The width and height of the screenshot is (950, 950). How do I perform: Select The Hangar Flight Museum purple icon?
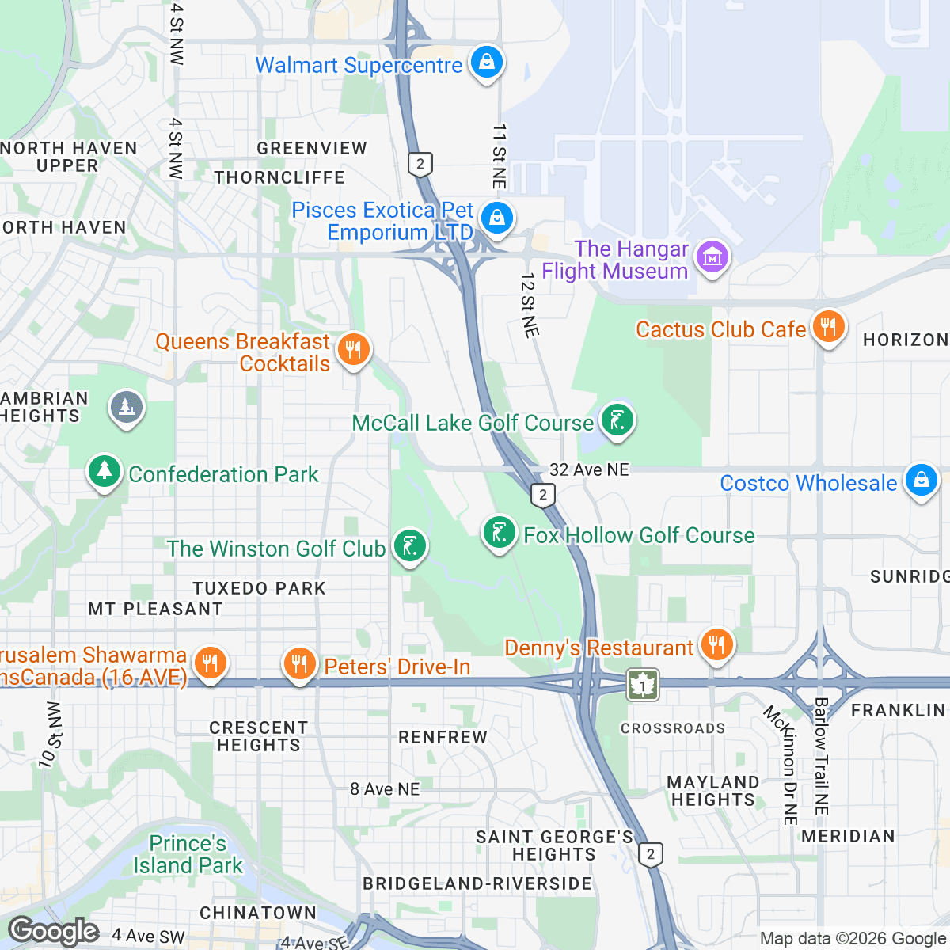(x=712, y=257)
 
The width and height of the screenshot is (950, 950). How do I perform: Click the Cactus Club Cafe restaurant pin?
(x=828, y=326)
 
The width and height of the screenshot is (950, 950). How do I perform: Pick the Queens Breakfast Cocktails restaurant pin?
(x=353, y=349)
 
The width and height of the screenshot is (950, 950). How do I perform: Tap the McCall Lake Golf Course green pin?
(x=617, y=420)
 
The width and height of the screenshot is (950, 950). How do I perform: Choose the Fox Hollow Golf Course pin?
(x=500, y=533)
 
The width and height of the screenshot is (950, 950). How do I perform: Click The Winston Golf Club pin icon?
(x=409, y=546)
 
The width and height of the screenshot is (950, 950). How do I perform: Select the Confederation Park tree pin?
(x=104, y=472)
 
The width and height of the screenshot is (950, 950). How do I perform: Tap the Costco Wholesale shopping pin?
(x=921, y=481)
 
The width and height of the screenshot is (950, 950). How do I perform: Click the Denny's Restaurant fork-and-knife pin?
(x=716, y=644)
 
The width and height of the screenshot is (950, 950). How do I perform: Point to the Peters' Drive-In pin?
(x=299, y=665)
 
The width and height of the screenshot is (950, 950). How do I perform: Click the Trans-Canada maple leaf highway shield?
(x=642, y=684)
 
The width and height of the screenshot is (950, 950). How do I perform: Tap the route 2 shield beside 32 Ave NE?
(x=542, y=496)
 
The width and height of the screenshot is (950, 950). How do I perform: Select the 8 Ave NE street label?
(x=385, y=789)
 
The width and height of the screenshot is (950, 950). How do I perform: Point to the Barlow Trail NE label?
(x=821, y=756)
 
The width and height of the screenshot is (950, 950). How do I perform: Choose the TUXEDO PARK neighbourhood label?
(x=260, y=588)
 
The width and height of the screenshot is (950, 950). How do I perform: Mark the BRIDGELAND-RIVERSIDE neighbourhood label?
(x=477, y=883)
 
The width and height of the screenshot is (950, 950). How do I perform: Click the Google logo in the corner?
(x=54, y=931)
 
